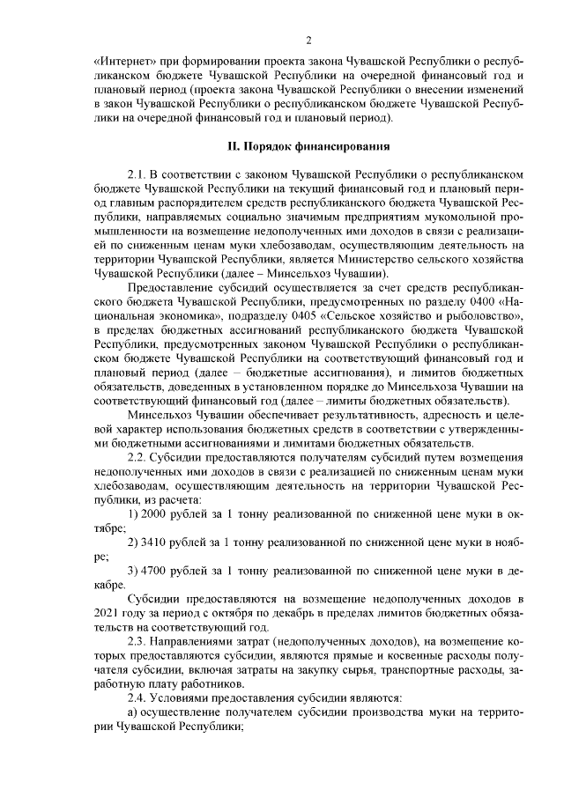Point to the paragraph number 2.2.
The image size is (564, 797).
point(139,458)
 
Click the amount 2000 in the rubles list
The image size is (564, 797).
point(155,513)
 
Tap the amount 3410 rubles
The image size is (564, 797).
point(155,542)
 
